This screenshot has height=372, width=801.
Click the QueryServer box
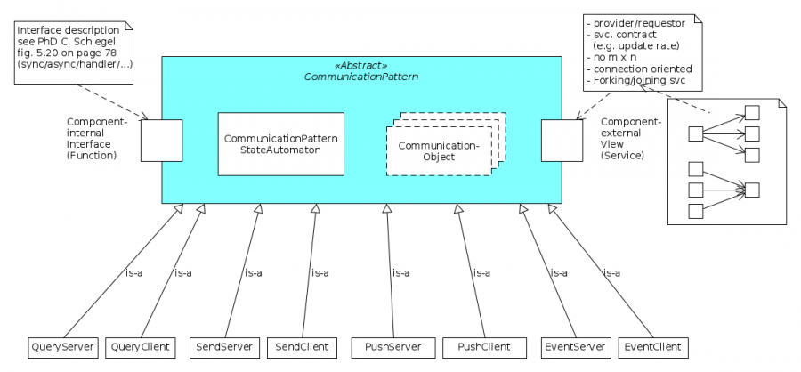63,345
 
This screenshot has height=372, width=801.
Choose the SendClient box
303,345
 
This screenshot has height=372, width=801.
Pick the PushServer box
386,345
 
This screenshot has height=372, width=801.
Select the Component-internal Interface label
97,138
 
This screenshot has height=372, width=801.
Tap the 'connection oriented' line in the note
639,69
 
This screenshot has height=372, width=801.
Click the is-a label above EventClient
612,272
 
